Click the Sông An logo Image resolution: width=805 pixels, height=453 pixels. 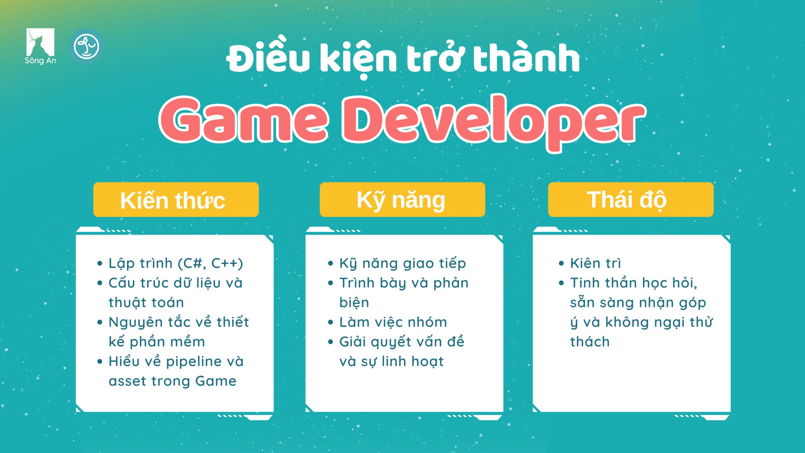point(40,46)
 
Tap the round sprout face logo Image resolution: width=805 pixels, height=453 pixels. point(86,47)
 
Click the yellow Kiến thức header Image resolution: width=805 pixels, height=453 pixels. point(176,199)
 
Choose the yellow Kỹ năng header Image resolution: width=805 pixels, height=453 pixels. point(402,199)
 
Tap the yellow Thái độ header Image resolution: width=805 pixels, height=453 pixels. point(631,199)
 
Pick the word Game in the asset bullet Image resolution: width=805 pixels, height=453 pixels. point(216,381)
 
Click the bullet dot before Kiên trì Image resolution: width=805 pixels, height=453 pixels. point(561,263)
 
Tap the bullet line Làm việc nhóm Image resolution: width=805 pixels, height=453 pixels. point(393,322)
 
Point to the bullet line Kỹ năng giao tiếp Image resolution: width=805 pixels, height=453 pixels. point(402,264)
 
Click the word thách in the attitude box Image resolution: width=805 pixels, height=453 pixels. point(590,342)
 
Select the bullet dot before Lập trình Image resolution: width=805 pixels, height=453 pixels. point(100,263)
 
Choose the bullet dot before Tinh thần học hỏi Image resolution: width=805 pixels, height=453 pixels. point(561,283)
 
